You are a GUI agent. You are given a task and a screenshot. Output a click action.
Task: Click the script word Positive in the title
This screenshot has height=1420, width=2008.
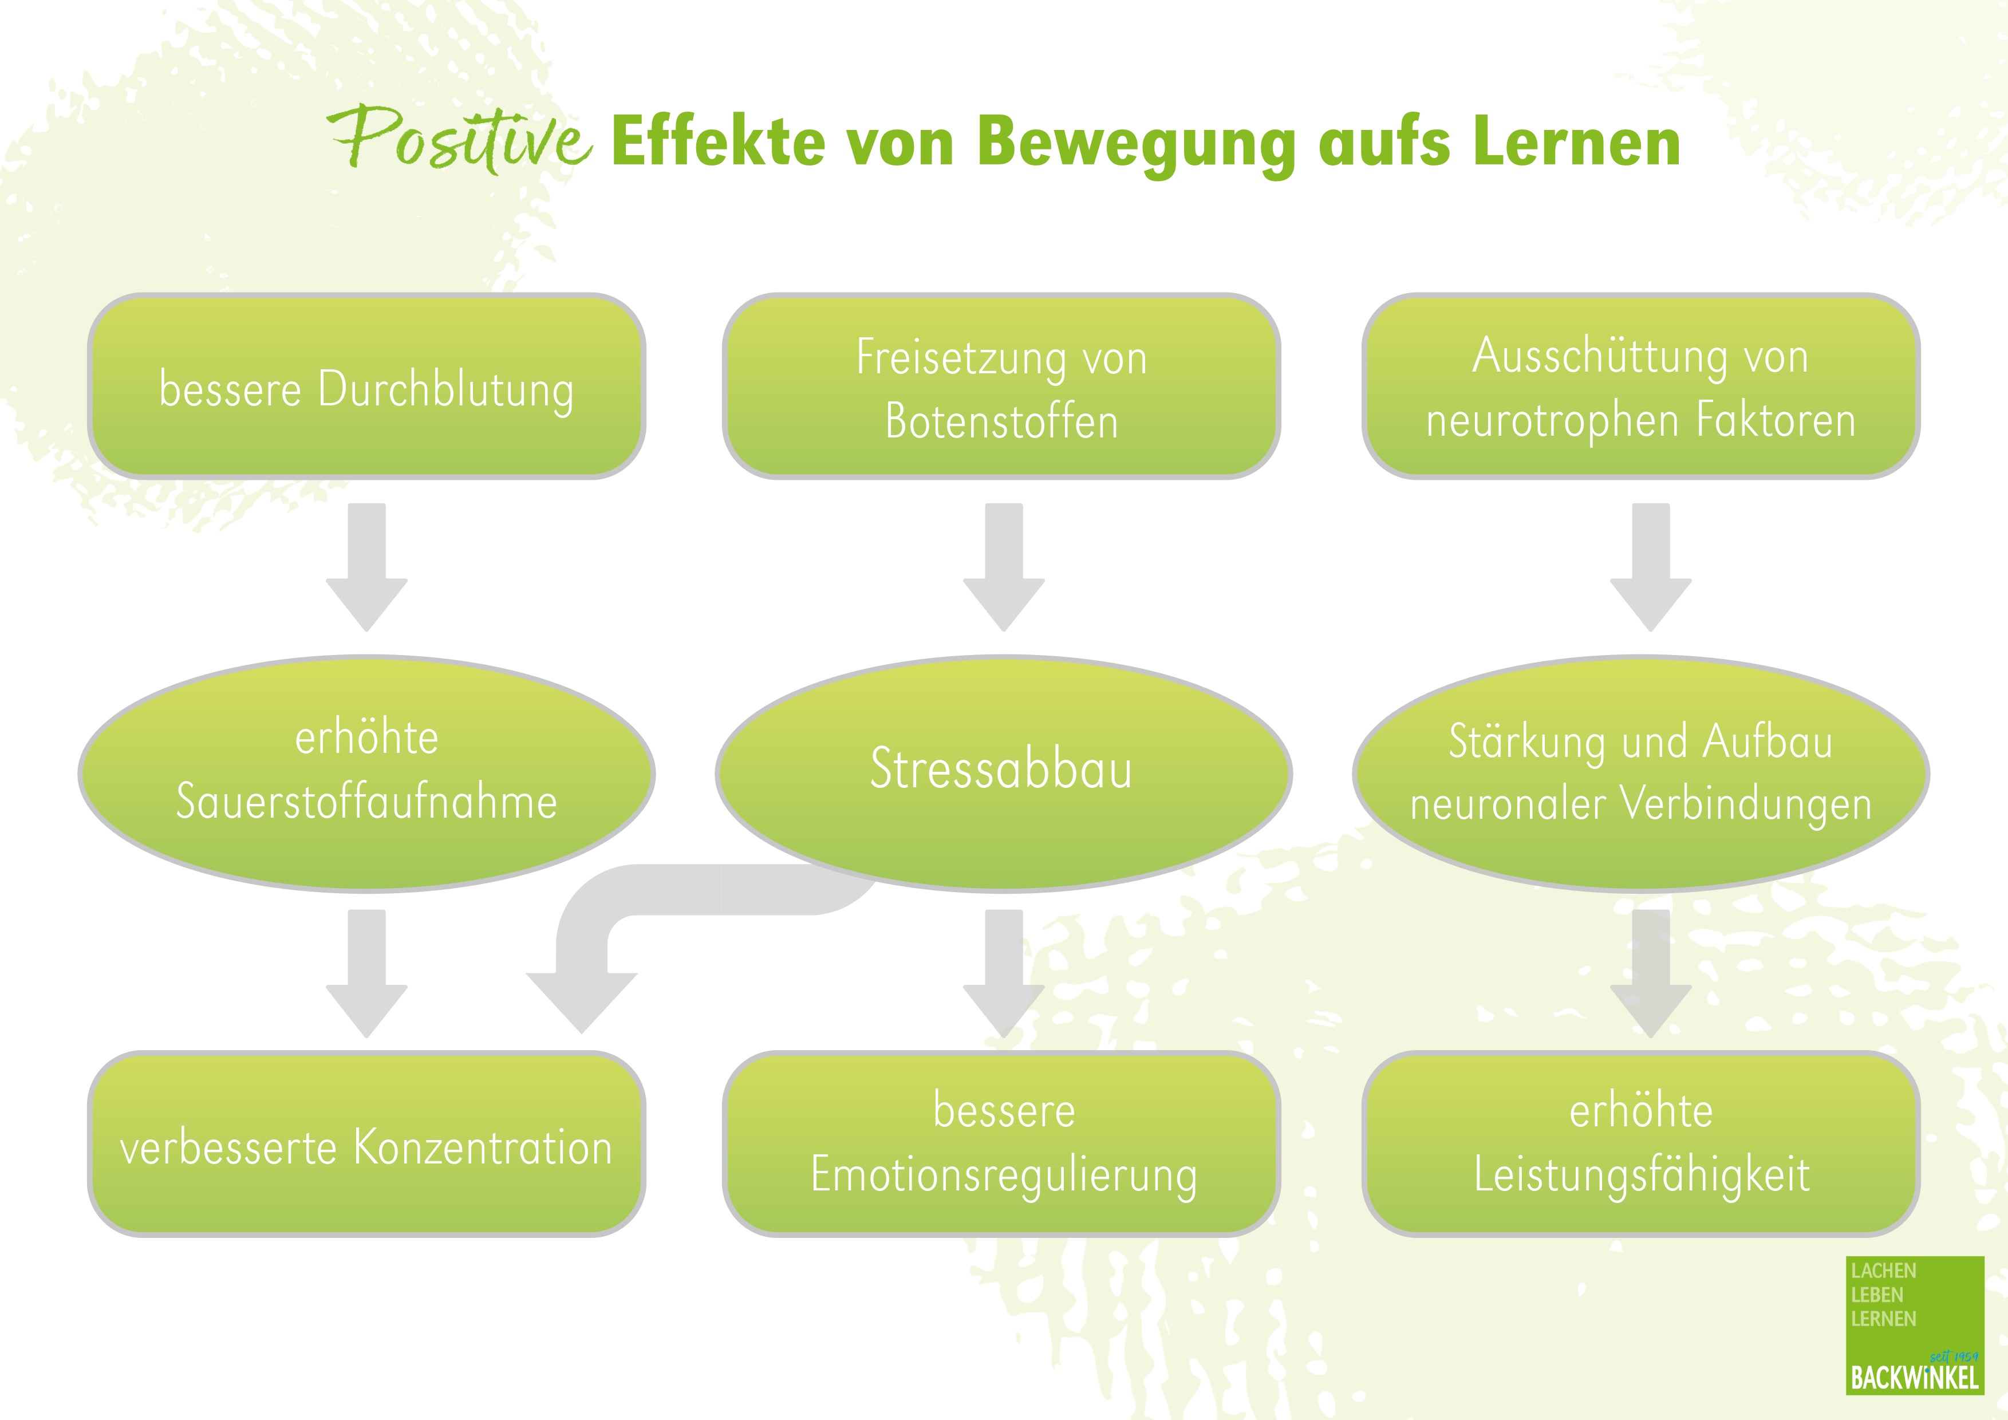point(460,140)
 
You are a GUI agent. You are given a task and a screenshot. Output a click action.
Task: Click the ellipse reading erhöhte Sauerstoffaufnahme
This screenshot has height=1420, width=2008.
point(366,773)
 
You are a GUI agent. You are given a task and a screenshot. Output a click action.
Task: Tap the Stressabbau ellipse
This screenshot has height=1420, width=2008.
point(1003,773)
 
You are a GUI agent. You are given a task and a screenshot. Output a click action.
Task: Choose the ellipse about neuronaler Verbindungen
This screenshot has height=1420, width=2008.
point(1640,773)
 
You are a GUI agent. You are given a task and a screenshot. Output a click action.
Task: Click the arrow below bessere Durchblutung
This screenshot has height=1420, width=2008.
point(366,567)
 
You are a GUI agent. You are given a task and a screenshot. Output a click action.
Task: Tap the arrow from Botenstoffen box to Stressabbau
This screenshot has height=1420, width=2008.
point(1004,567)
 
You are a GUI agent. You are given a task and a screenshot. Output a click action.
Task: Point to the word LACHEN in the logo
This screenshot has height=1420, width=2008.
point(1884,1271)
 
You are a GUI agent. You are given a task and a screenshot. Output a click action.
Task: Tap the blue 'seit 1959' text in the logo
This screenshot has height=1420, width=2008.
point(1954,1357)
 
